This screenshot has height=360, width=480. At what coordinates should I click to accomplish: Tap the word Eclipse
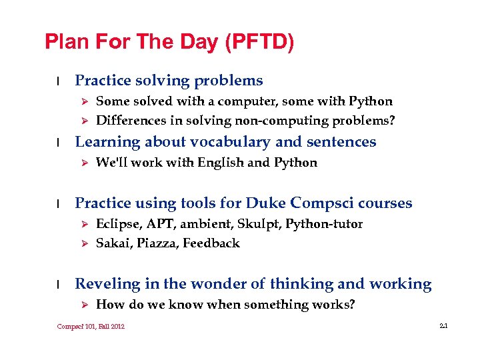click(x=115, y=224)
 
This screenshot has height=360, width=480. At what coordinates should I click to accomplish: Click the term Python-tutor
click(x=324, y=224)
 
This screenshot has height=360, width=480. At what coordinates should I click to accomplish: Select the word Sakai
click(x=113, y=243)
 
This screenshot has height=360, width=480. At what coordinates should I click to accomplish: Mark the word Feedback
click(x=211, y=243)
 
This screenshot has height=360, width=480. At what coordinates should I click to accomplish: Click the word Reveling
click(x=107, y=285)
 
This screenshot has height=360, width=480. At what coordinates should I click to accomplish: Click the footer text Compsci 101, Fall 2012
click(x=91, y=326)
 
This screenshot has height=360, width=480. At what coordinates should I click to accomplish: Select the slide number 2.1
click(x=443, y=326)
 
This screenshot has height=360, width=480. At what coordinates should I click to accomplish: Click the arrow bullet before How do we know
click(x=84, y=305)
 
